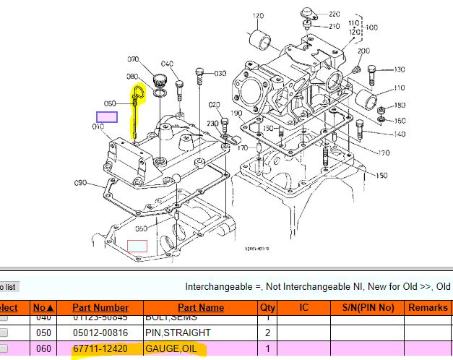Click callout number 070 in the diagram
[133, 59]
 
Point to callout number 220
[334, 14]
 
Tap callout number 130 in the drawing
[399, 69]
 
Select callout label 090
[81, 183]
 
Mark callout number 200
[363, 51]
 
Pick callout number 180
[400, 106]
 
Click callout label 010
[98, 127]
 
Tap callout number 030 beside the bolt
[220, 73]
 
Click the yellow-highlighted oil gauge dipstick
[136, 108]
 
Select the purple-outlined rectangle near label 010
[108, 116]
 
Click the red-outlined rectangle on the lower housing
[137, 246]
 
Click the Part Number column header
[100, 307]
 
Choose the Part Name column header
[201, 307]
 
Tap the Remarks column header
[428, 307]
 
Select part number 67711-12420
[100, 349]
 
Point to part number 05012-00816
[100, 333]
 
